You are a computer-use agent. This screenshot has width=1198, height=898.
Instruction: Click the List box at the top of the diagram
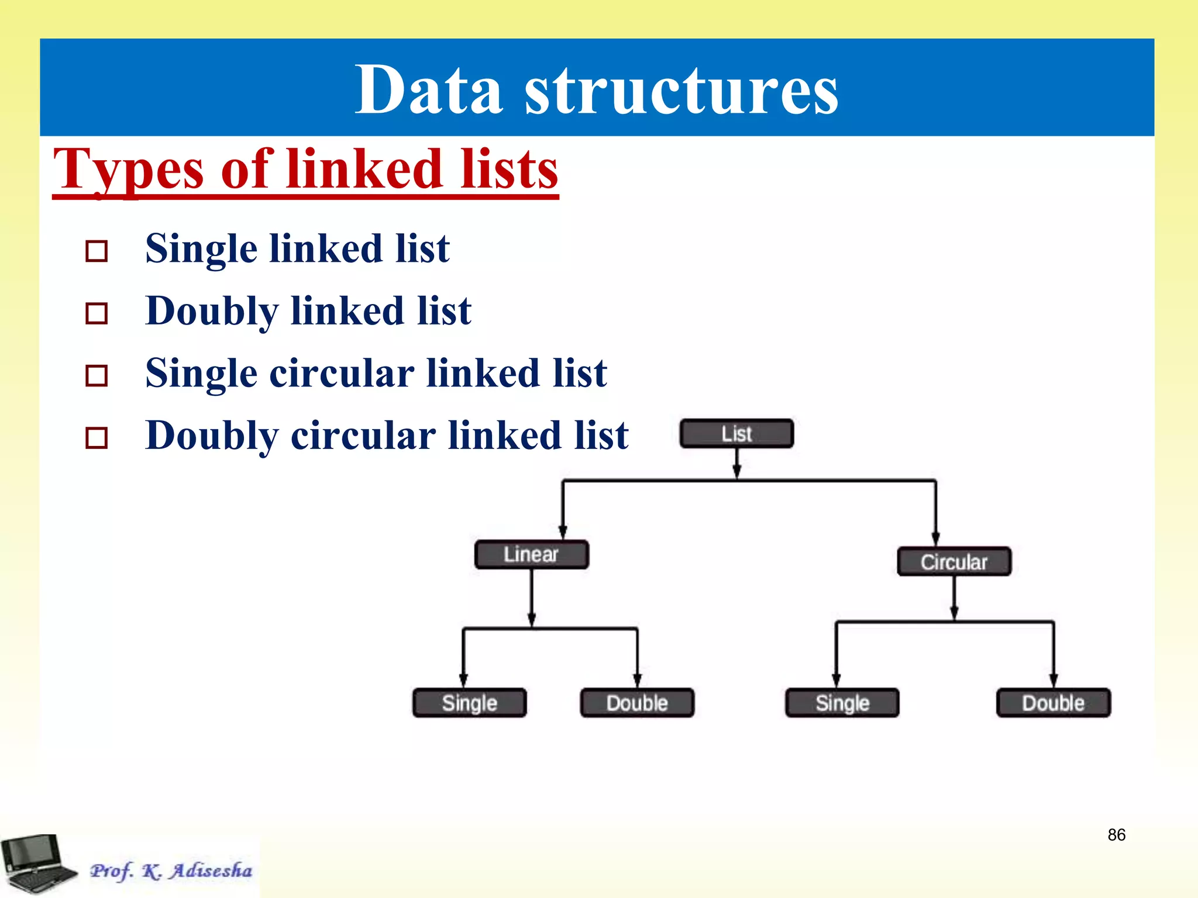[736, 434]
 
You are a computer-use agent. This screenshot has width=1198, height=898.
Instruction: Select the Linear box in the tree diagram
[531, 554]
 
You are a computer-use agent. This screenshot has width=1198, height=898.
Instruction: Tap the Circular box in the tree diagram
[953, 562]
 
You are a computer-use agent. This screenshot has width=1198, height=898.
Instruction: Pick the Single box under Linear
[469, 703]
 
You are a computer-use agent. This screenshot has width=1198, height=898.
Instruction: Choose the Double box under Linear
[637, 703]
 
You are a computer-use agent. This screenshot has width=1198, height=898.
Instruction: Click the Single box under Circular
[842, 703]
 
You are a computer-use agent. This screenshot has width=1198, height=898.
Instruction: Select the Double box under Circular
[1053, 703]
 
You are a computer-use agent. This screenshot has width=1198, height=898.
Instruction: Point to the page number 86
[1116, 835]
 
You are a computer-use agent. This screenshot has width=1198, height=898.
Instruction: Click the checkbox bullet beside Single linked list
[97, 251]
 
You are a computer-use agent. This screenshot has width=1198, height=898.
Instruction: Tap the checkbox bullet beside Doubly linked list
[97, 313]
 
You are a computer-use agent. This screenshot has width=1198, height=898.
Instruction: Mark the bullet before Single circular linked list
[97, 376]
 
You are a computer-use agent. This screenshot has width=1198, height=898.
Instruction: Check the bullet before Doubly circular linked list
[97, 438]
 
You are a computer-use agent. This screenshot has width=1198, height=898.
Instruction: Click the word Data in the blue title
[428, 91]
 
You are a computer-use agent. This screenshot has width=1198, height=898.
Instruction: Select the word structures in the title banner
[681, 91]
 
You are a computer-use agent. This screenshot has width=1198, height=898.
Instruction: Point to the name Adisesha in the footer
[211, 871]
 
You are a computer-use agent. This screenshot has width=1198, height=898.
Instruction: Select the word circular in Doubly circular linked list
[363, 436]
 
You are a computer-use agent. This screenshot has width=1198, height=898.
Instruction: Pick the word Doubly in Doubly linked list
[211, 311]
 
